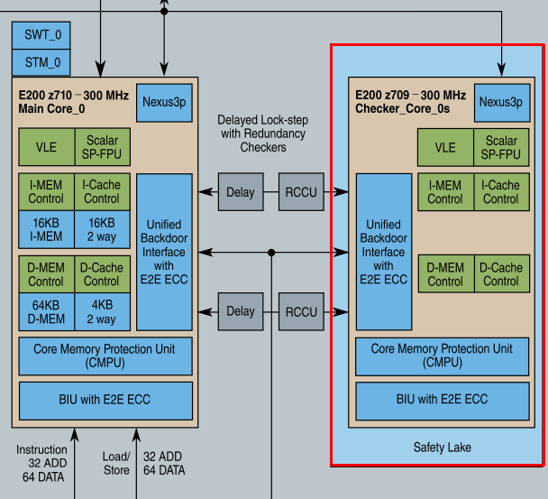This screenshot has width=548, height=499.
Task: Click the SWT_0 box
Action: [x=42, y=35]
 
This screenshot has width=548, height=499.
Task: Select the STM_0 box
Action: [x=42, y=62]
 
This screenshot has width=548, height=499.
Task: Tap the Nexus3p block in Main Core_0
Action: [x=163, y=102]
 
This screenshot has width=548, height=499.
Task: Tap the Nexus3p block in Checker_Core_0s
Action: [x=500, y=102]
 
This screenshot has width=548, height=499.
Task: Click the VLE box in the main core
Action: [x=46, y=147]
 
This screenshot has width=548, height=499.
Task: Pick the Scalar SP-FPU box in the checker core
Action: [x=501, y=147]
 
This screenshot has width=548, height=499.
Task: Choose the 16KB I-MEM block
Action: [x=46, y=229]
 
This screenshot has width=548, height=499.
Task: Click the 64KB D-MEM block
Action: [x=46, y=311]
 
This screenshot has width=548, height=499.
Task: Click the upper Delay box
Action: [x=241, y=192]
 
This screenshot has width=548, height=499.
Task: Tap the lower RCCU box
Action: [x=301, y=312]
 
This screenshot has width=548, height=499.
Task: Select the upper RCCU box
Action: [x=301, y=192]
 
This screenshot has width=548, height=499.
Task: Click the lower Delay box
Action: [x=241, y=312]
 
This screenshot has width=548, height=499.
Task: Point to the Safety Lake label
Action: [x=442, y=448]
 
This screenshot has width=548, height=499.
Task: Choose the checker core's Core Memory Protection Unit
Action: [x=442, y=356]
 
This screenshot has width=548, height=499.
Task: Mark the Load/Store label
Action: [x=115, y=463]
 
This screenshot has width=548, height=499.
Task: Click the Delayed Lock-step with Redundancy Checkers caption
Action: [x=262, y=134]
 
